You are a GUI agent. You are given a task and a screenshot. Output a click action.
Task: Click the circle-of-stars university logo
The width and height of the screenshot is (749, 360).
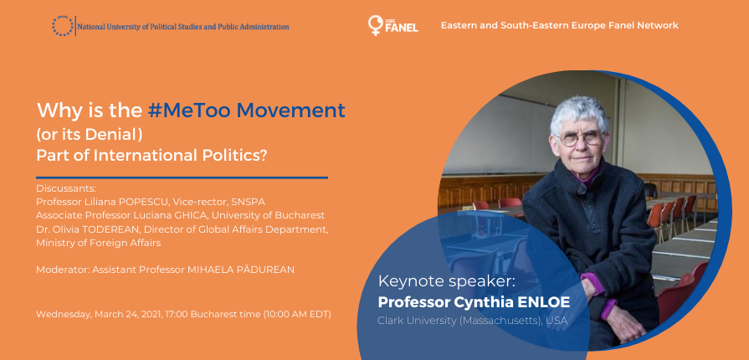[63, 26]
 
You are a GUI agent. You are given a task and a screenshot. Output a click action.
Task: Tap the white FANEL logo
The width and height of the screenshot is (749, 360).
[393, 25]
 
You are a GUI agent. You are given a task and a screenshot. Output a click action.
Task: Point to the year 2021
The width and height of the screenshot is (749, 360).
[151, 315]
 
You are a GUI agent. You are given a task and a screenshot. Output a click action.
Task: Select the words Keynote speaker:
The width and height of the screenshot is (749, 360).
[447, 281]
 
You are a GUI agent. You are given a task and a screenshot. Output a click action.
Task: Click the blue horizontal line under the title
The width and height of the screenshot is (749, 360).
[182, 177]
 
